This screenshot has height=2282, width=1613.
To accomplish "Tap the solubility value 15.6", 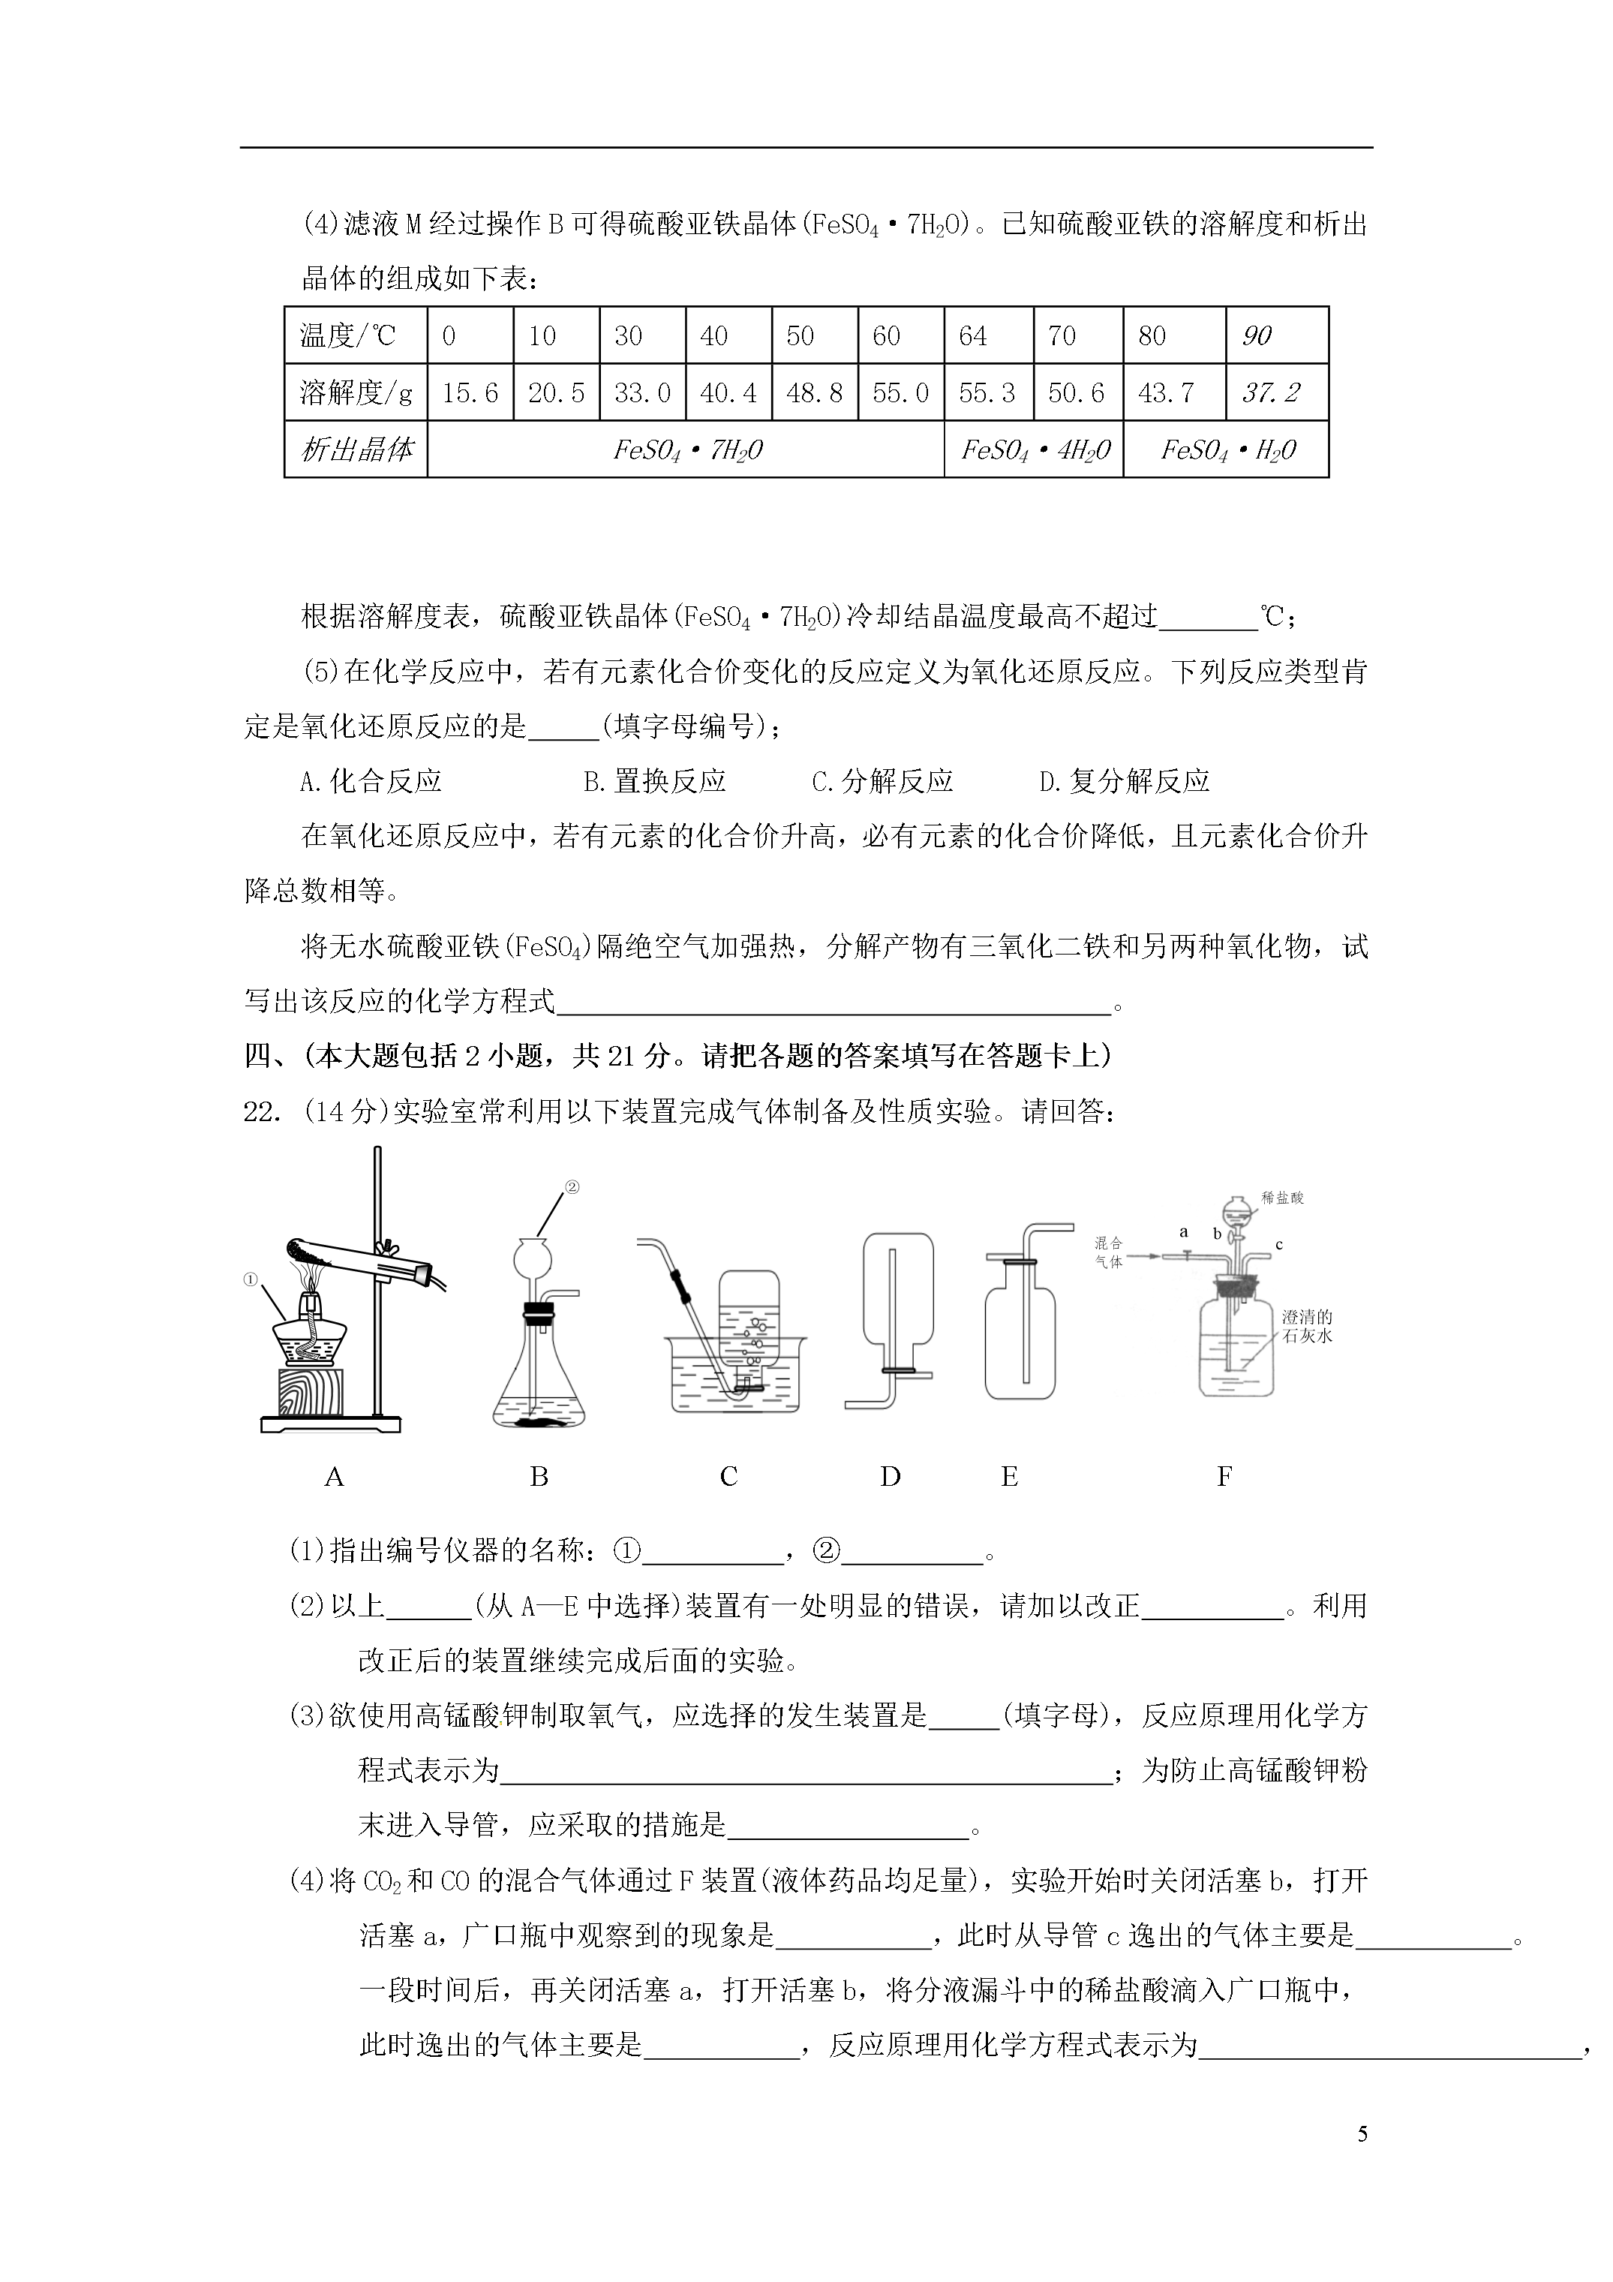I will pos(470,392).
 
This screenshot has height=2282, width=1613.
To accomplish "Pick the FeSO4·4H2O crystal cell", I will pos(1034,450).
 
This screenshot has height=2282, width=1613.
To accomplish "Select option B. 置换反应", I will pos(654,781).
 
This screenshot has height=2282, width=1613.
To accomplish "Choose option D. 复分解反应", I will pos(1124,781).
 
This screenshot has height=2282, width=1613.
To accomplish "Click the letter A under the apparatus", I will pos(334,1477).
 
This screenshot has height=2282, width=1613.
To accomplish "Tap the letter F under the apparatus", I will pos(1224,1477).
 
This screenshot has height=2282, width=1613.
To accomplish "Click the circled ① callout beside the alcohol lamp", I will pos(251,1281).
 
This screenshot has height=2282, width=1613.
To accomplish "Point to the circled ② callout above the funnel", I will pos(572,1186).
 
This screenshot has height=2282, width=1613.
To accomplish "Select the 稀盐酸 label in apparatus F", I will pos(1282,1198).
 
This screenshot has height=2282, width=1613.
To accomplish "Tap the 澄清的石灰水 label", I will pos(1307,1326).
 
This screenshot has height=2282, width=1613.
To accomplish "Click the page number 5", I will pos(1362,2132).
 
